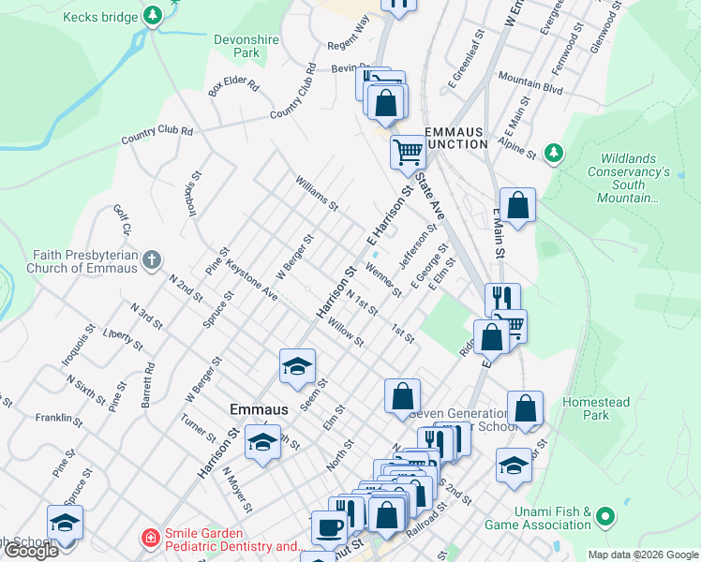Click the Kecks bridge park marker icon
click(153, 16)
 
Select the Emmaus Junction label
click(455, 138)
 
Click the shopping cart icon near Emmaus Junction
click(408, 150)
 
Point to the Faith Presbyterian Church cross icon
click(153, 260)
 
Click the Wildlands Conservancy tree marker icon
click(554, 152)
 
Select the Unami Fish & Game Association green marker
click(604, 516)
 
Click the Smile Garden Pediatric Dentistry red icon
click(149, 538)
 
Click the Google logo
click(31, 551)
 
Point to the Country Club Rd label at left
click(157, 135)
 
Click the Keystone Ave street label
click(250, 280)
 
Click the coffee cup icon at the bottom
click(328, 527)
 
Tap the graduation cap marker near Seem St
click(297, 365)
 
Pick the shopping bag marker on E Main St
click(517, 204)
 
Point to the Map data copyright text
click(642, 555)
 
